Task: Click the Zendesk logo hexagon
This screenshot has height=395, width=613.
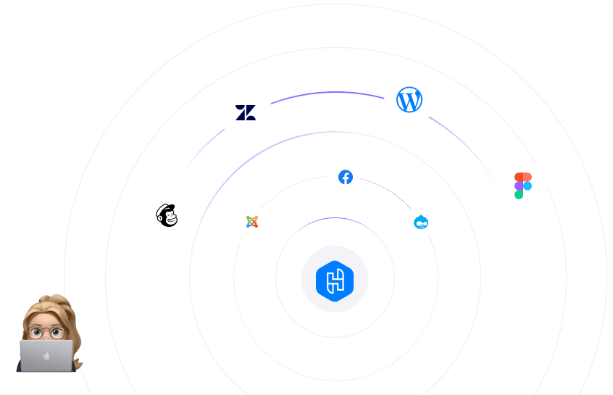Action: click(246, 112)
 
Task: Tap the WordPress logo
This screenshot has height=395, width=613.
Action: click(409, 99)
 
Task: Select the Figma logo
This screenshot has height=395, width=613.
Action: click(523, 186)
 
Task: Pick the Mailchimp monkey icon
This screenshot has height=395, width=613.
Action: click(167, 215)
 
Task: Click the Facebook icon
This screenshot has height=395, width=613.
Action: click(346, 178)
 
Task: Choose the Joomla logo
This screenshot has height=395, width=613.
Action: click(252, 222)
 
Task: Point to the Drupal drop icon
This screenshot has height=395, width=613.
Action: click(421, 222)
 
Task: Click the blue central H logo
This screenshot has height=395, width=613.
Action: click(335, 279)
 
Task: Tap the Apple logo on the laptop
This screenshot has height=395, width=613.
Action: click(47, 356)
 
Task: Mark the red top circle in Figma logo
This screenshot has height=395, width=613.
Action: click(520, 177)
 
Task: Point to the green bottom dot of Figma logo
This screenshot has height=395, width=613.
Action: click(519, 194)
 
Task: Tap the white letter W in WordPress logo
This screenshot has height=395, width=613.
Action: click(409, 100)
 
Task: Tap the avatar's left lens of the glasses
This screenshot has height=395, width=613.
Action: click(38, 333)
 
